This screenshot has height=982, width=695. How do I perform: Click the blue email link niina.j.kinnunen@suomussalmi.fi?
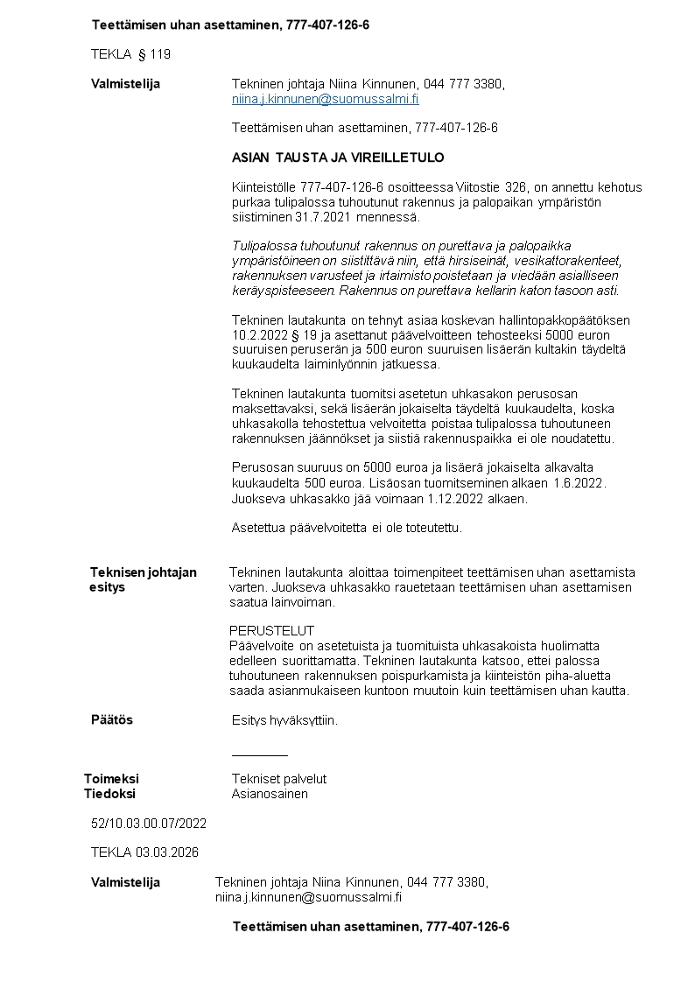pyautogui.click(x=325, y=100)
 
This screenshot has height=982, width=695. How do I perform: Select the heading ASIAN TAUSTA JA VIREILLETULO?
pyautogui.click(x=338, y=158)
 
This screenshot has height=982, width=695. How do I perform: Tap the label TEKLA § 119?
pyautogui.click(x=130, y=54)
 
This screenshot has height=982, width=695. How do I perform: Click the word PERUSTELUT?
pyautogui.click(x=271, y=630)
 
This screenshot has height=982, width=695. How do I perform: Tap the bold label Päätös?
pyautogui.click(x=112, y=719)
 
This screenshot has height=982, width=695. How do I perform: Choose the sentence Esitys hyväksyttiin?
pyautogui.click(x=284, y=720)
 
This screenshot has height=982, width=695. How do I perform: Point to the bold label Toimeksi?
pyautogui.click(x=111, y=778)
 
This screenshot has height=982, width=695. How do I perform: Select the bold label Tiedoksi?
pyautogui.click(x=109, y=794)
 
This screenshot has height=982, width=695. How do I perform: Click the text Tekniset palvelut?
pyautogui.click(x=279, y=778)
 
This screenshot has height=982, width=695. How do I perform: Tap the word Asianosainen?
pyautogui.click(x=270, y=794)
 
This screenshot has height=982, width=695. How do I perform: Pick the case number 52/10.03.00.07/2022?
pyautogui.click(x=149, y=823)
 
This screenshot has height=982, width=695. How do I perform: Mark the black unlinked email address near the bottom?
pyautogui.click(x=308, y=897)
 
